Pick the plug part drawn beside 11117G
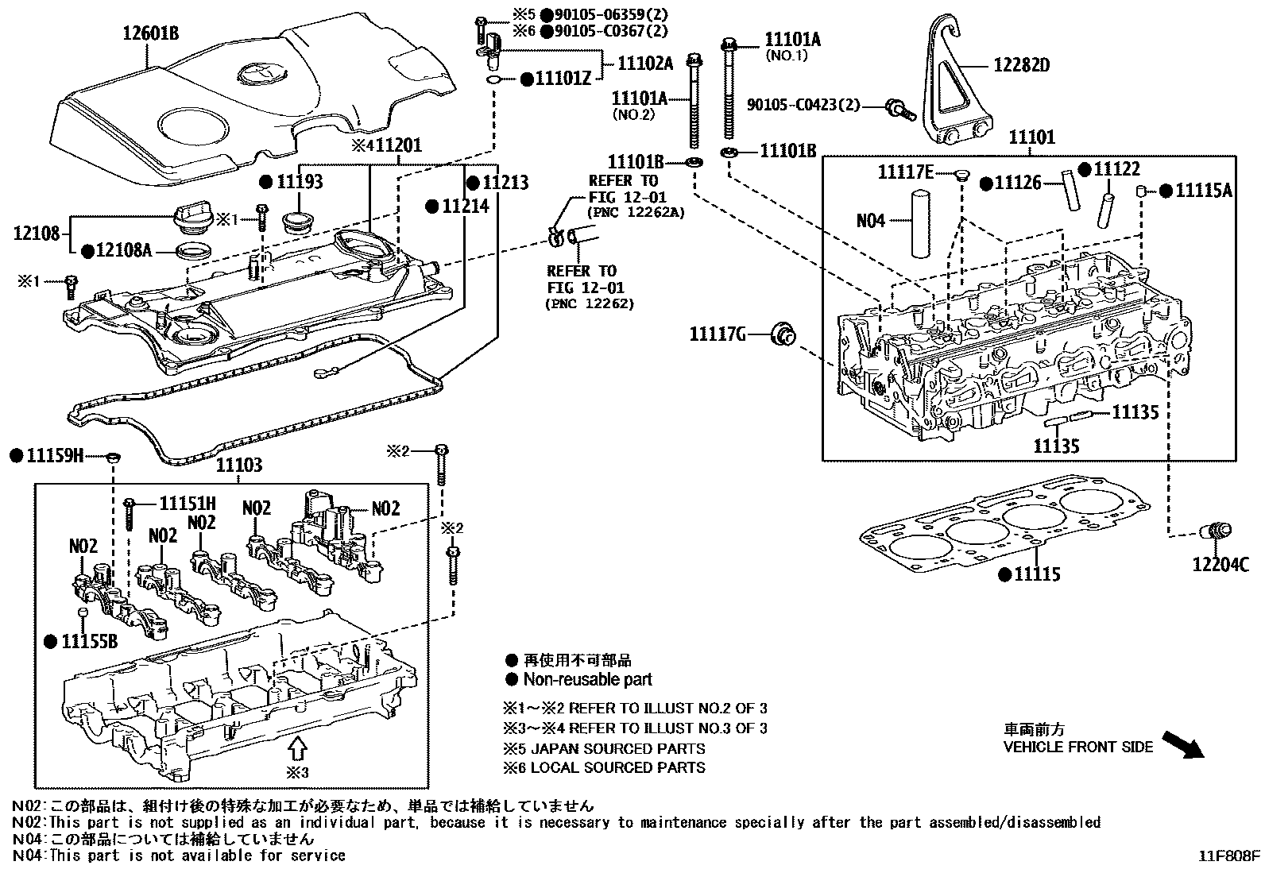(784, 334)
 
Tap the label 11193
(300, 182)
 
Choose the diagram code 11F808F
(1229, 856)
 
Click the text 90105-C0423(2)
(803, 104)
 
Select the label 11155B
(89, 641)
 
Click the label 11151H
(188, 503)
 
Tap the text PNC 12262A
(636, 213)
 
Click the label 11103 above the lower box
(239, 465)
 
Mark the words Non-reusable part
(587, 680)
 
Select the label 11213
(505, 182)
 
